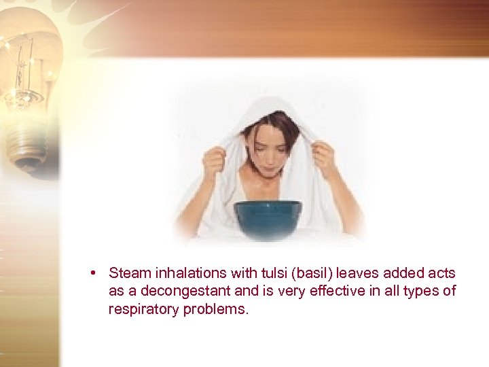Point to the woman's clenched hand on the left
point(214,160)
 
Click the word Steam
point(130,273)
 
